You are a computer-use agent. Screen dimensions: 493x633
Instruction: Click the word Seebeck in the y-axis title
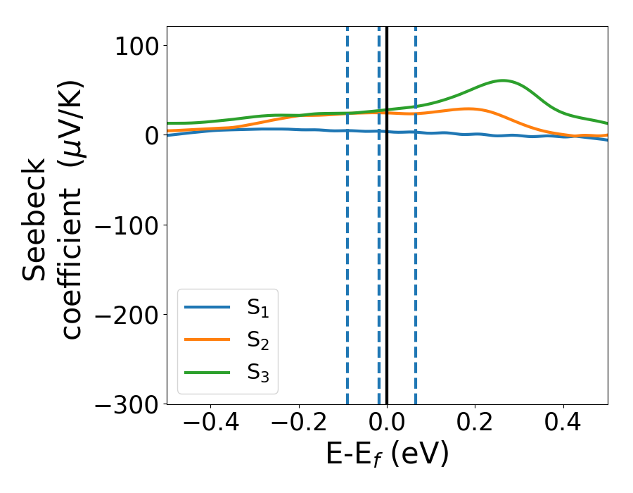[35, 220]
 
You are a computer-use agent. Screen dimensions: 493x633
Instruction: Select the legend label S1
[258, 307]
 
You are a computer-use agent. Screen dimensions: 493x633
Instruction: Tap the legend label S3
[258, 372]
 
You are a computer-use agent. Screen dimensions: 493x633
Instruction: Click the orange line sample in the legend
[207, 339]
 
